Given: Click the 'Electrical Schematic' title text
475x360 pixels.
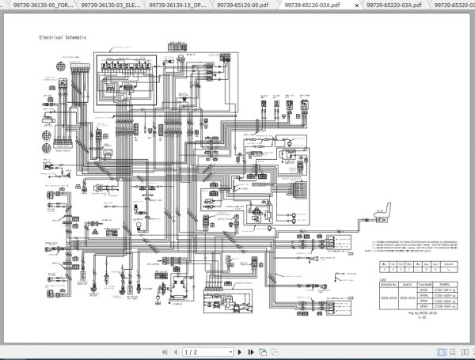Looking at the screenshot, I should (63, 38).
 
